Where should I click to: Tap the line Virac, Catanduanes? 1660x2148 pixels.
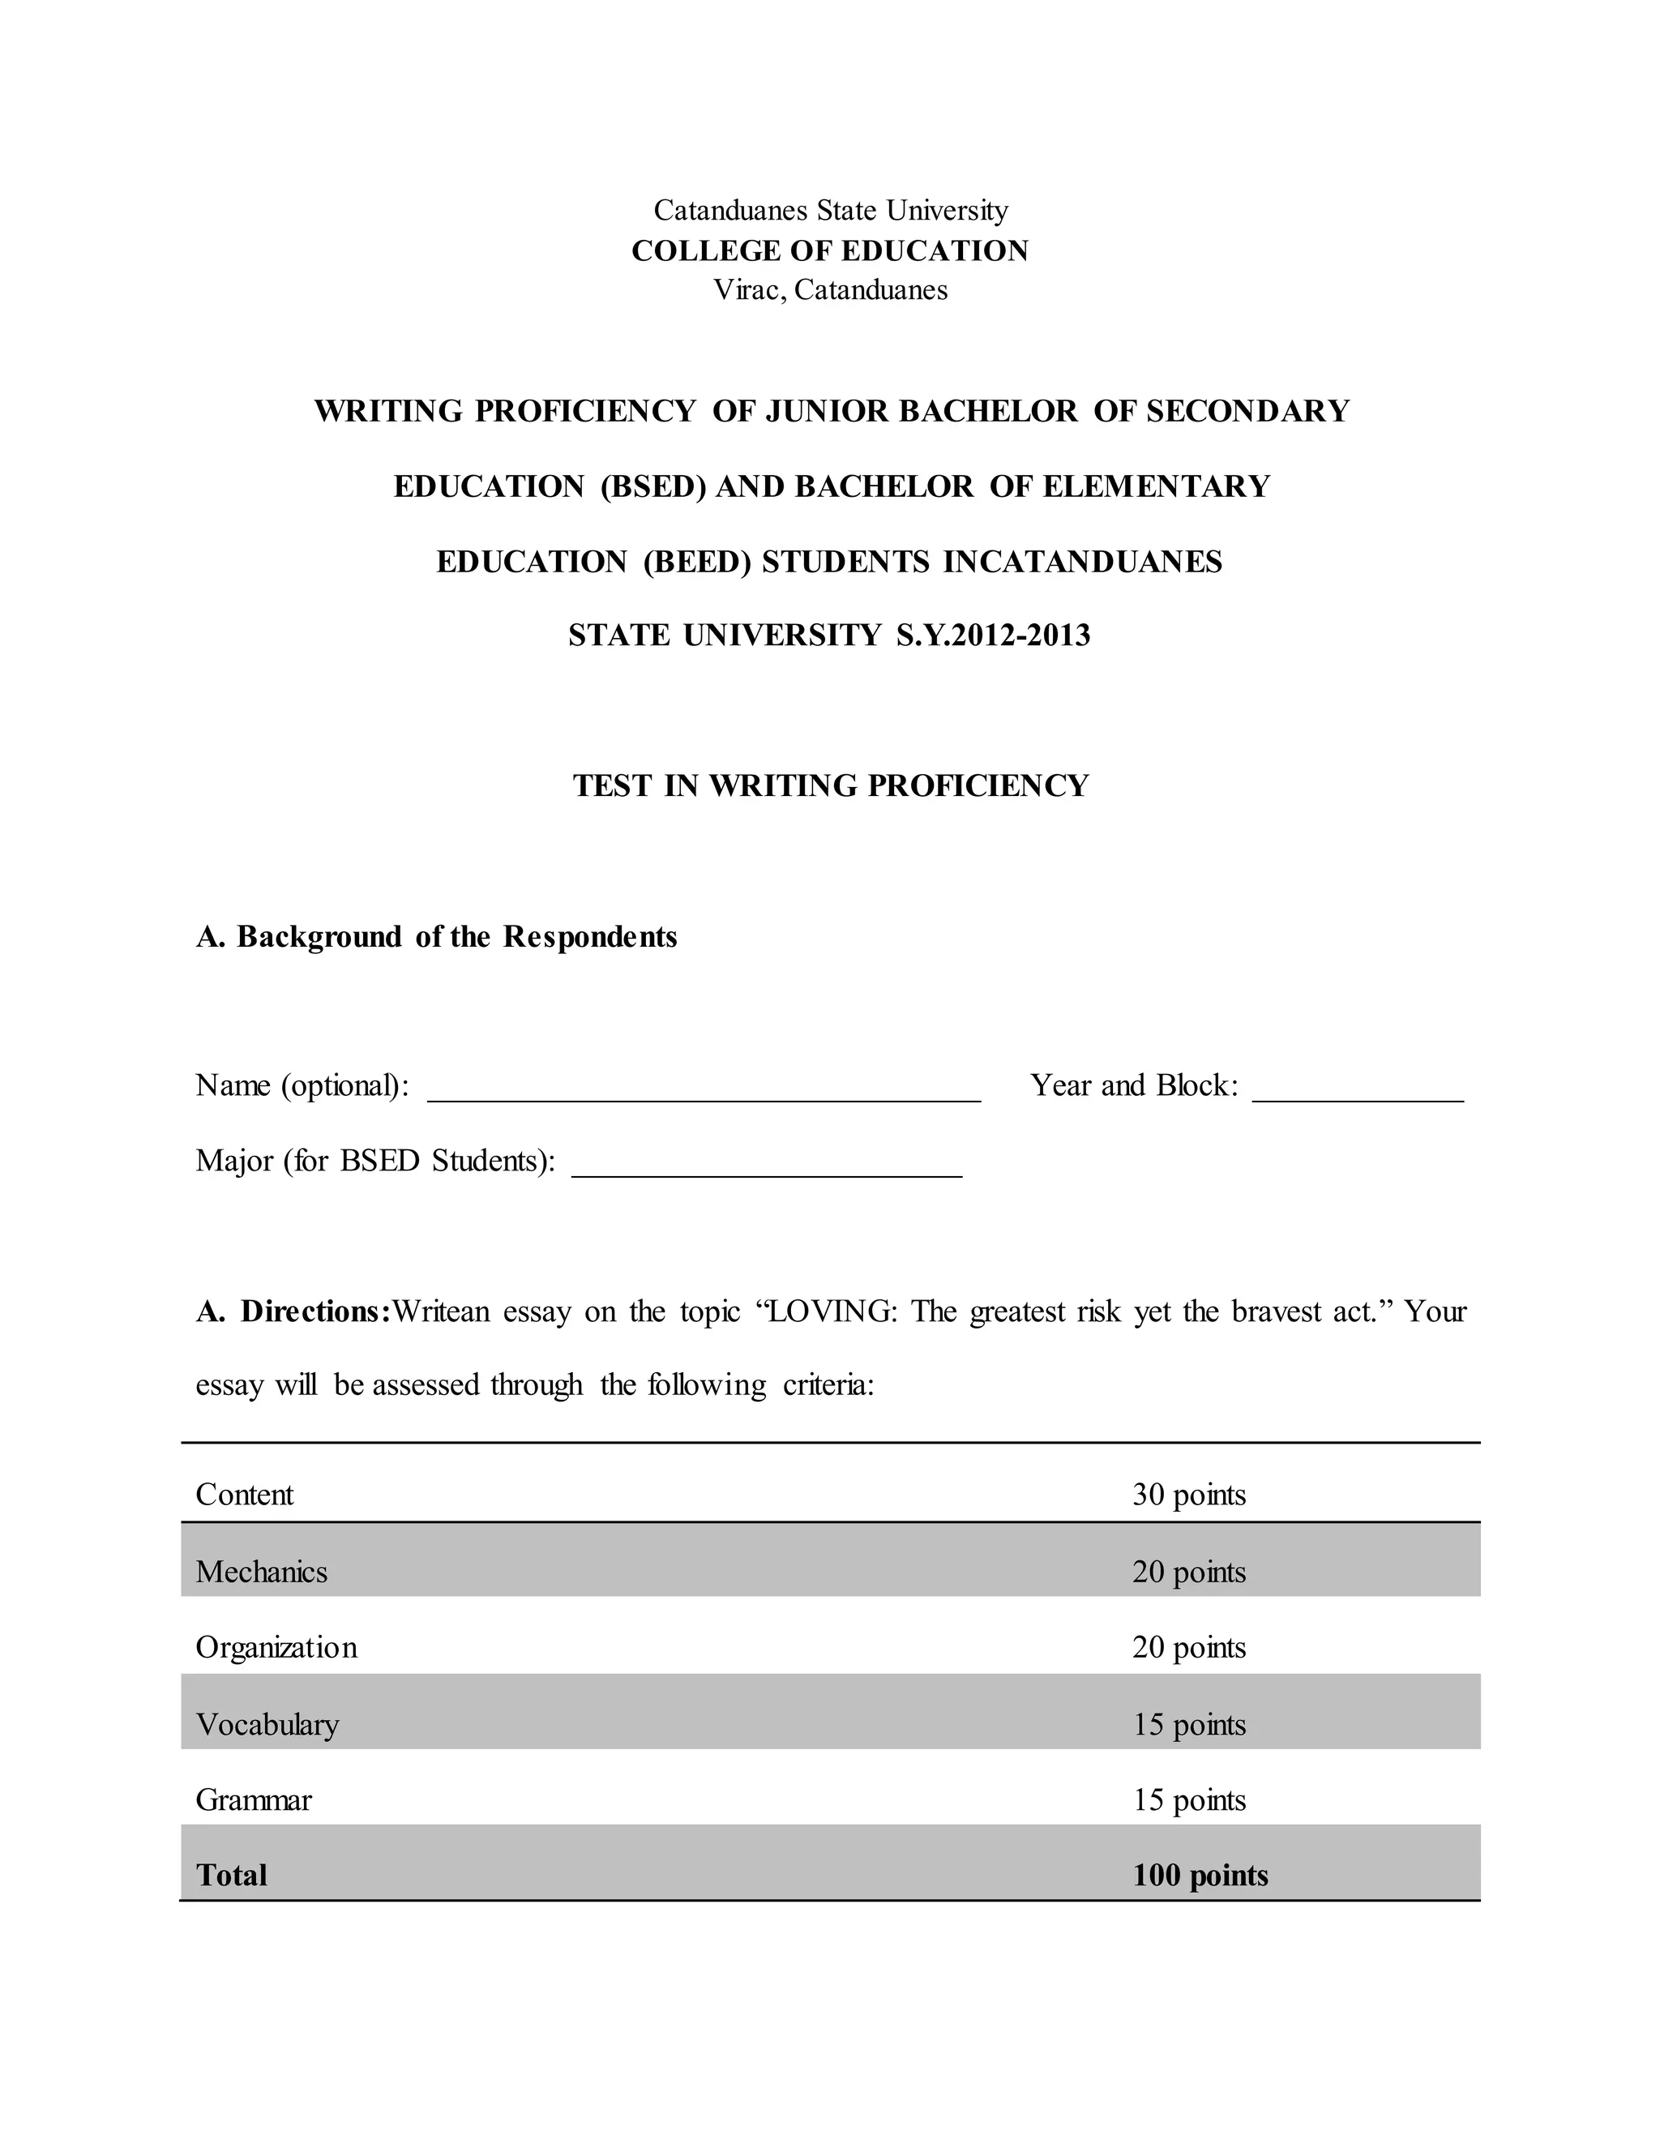tap(830, 290)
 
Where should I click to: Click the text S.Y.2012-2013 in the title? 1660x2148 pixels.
tap(992, 635)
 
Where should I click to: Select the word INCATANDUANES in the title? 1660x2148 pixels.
tap(1082, 562)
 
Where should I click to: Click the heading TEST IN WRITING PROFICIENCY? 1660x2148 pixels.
tap(830, 785)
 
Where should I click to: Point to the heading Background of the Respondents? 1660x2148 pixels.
tap(456, 936)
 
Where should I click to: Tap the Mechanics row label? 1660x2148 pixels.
tap(261, 1572)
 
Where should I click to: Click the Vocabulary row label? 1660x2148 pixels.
tap(267, 1724)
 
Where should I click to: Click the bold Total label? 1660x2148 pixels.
tap(231, 1876)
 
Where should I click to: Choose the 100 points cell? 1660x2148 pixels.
tap(1200, 1876)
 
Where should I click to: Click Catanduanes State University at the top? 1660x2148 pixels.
tap(830, 211)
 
